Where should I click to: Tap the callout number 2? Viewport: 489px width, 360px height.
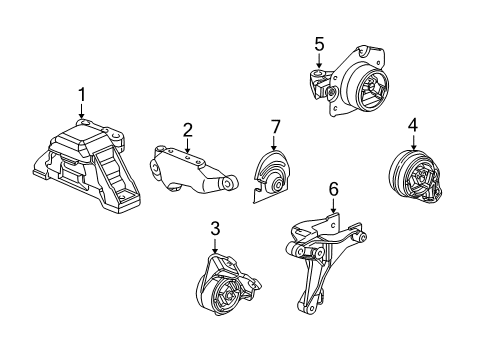click(187, 129)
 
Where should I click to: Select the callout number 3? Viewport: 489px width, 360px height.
click(215, 229)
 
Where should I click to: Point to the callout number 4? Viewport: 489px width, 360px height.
click(412, 125)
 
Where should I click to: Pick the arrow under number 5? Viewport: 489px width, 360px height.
click(319, 61)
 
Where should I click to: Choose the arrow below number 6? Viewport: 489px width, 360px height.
click(335, 205)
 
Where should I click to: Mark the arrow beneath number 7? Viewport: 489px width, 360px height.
click(272, 142)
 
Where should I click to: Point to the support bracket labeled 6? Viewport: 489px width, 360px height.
click(322, 255)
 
